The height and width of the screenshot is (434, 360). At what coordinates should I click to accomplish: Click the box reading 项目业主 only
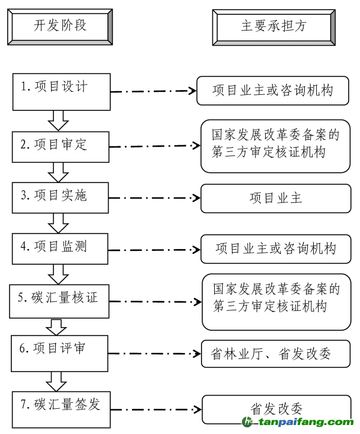click(x=275, y=199)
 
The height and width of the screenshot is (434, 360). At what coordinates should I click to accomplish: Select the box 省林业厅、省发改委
click(x=275, y=354)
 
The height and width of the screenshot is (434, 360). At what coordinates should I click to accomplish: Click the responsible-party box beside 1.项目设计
click(x=273, y=91)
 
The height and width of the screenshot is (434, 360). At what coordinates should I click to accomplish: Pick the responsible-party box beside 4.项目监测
click(x=275, y=249)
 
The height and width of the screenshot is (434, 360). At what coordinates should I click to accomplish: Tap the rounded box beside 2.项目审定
click(x=275, y=145)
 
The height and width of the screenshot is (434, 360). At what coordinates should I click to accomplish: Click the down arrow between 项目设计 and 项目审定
click(x=58, y=120)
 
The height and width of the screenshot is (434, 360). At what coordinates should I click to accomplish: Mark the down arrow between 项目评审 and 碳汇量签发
click(x=58, y=381)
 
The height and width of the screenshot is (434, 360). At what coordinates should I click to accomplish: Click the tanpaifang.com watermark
click(x=300, y=423)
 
